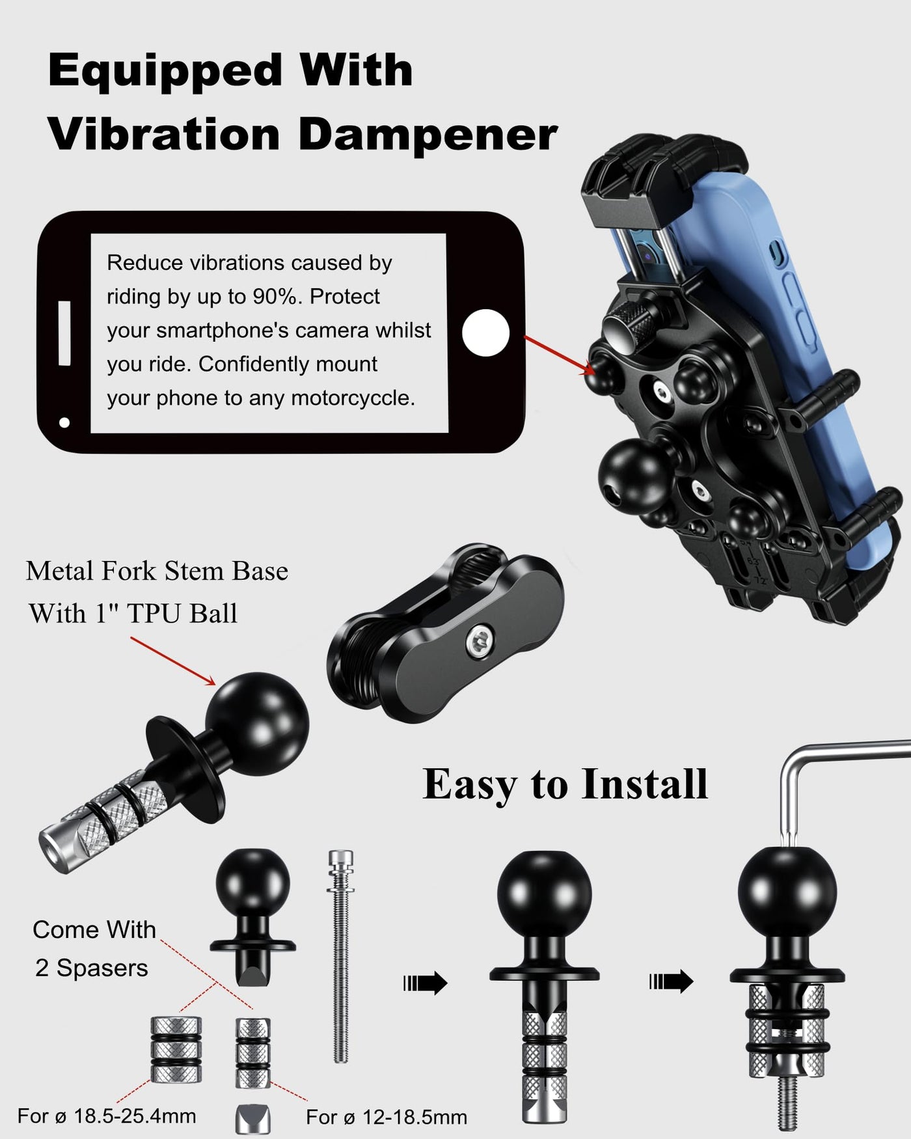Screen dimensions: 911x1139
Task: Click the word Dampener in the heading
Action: click(428, 135)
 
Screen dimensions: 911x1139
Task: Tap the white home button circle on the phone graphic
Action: click(485, 333)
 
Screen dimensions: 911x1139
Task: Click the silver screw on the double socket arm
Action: click(479, 643)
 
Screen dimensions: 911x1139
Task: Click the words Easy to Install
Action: click(565, 784)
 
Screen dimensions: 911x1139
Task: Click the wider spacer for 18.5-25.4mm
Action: click(176, 1049)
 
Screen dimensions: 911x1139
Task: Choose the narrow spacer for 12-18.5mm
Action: click(252, 1053)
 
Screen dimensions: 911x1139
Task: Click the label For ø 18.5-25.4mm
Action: click(107, 1116)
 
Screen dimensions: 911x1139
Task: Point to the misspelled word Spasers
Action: click(102, 968)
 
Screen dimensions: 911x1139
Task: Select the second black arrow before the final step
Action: click(671, 981)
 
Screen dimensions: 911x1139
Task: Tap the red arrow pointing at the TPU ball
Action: click(173, 661)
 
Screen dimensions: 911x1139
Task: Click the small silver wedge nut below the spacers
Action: click(252, 1118)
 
